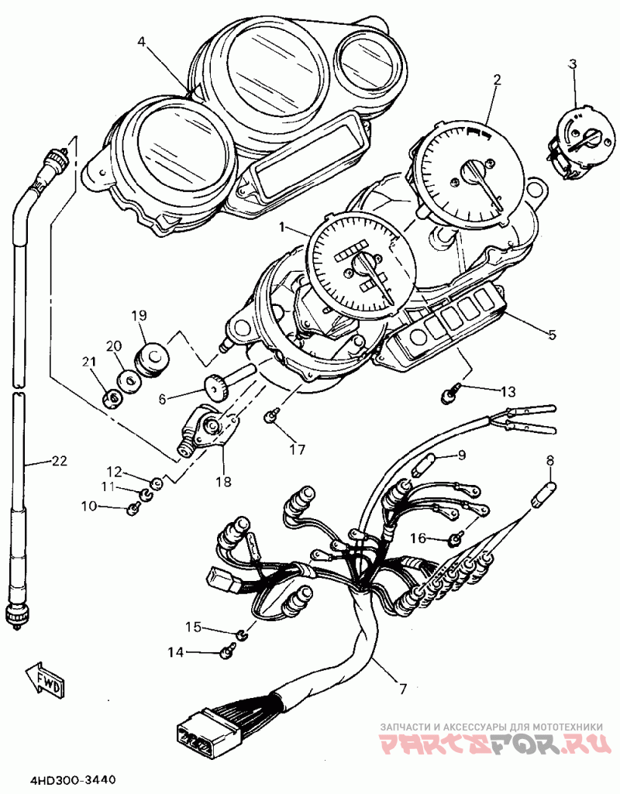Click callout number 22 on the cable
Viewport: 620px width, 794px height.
coord(59,461)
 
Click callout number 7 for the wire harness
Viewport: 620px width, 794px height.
coord(403,687)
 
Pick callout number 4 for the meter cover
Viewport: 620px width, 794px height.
coord(141,43)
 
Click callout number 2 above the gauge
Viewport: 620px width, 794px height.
coord(497,79)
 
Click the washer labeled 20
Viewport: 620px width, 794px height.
coord(128,380)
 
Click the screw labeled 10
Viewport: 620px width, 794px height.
coord(133,508)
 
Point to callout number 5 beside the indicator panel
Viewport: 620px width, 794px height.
coord(552,335)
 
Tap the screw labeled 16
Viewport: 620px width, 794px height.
coord(455,538)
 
